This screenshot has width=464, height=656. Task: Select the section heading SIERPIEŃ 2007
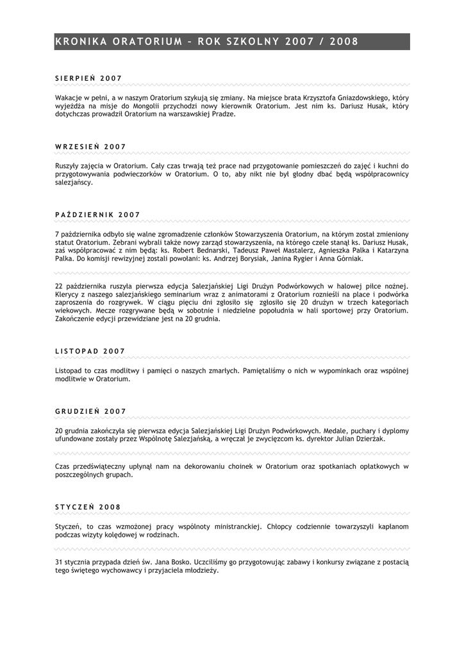point(88,78)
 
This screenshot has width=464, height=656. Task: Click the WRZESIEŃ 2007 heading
point(90,147)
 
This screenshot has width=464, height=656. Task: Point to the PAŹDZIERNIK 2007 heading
point(97,215)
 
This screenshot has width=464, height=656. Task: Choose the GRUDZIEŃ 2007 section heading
point(90,411)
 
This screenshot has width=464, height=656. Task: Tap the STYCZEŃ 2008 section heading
point(88,507)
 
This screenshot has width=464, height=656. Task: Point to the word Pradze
point(222,114)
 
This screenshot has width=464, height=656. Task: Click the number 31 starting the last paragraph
point(59,562)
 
